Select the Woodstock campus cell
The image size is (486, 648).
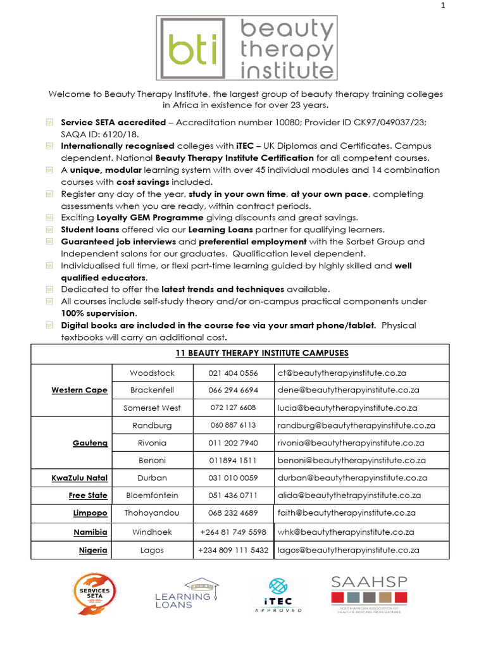(152, 373)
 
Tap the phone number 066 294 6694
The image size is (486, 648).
(233, 390)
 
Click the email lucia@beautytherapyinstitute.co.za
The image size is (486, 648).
(347, 408)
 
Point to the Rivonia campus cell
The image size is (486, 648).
(152, 443)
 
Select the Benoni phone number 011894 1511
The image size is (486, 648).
(233, 460)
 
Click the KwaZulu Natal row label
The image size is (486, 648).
(80, 478)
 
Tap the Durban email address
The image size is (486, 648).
(352, 478)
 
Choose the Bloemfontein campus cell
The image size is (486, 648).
(152, 495)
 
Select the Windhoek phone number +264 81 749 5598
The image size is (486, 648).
(233, 532)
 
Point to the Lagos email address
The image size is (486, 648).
(349, 551)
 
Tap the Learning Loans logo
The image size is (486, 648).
(184, 594)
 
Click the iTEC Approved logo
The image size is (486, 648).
(278, 595)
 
